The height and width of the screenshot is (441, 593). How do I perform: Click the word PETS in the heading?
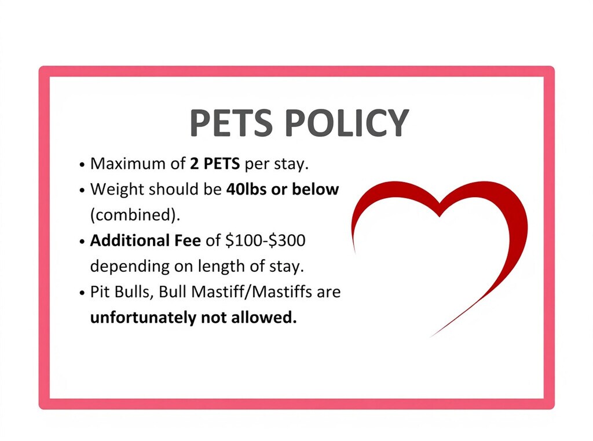tap(231, 123)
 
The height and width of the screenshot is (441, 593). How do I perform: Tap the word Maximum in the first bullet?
tap(128, 163)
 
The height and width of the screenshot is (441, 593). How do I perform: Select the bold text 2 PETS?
tap(215, 163)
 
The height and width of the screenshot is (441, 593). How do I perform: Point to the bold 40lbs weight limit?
tap(246, 189)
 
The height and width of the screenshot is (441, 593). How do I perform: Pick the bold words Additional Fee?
tap(145, 240)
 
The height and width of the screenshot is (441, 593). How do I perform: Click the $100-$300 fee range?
tap(265, 240)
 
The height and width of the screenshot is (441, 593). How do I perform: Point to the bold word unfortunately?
tap(144, 317)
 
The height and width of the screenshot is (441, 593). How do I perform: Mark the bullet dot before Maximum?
tap(82, 165)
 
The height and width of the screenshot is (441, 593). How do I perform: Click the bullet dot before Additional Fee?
tap(82, 242)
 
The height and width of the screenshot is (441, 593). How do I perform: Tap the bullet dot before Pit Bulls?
tap(82, 293)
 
